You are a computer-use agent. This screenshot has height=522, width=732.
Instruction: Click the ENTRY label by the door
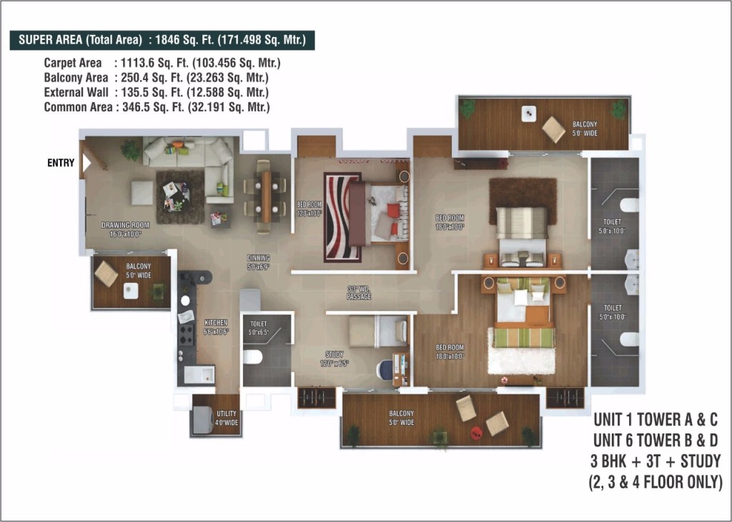point(61,163)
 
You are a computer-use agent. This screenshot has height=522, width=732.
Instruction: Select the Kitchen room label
point(215,327)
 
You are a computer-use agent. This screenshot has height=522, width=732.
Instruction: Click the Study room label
point(334,358)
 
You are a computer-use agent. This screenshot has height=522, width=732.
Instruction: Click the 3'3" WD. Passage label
point(359,293)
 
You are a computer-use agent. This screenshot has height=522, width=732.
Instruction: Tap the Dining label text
point(258,262)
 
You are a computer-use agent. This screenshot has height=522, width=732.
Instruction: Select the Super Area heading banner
point(162,41)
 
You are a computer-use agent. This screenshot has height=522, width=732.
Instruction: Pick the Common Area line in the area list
point(157,107)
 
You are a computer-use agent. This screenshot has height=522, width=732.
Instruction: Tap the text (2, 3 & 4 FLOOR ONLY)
point(655,482)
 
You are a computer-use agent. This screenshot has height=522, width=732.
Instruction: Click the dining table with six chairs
point(264,196)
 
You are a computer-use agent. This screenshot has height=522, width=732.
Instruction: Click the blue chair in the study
point(385,370)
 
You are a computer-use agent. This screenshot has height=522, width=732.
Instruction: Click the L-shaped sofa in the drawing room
point(197,161)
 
